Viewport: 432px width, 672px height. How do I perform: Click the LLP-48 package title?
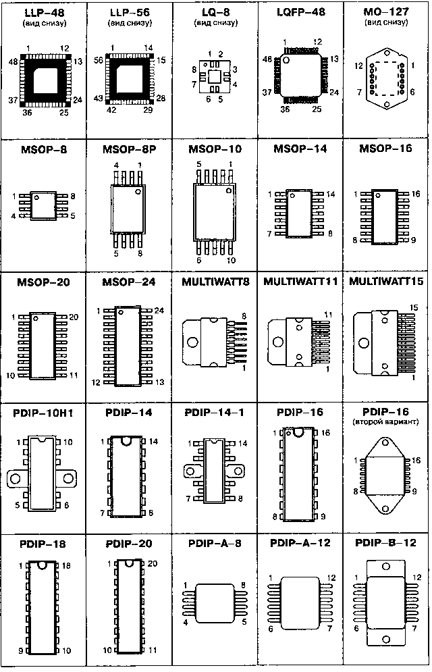(44, 13)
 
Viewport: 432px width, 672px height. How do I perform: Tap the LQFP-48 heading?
(300, 12)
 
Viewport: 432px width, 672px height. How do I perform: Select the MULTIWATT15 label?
(386, 281)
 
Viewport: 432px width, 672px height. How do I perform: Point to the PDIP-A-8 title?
(215, 543)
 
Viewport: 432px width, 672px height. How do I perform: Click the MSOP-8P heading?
(130, 149)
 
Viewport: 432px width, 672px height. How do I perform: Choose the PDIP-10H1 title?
(43, 413)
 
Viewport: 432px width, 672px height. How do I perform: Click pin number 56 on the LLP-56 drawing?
(99, 60)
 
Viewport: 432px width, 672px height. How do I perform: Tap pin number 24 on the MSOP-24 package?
(159, 310)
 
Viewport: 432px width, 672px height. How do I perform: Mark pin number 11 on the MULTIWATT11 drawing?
(328, 315)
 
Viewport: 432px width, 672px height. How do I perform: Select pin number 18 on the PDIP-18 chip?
(66, 566)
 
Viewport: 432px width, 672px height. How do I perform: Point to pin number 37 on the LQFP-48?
(267, 92)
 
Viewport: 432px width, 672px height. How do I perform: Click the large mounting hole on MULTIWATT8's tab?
(192, 342)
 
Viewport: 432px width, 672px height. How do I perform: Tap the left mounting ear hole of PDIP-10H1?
(16, 478)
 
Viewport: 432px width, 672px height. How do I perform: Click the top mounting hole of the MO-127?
(387, 54)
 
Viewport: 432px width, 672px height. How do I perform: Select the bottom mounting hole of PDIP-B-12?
(386, 640)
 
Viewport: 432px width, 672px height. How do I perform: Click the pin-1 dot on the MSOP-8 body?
(37, 198)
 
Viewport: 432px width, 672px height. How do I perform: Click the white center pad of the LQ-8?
(215, 77)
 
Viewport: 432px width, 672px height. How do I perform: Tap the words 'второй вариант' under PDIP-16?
(385, 421)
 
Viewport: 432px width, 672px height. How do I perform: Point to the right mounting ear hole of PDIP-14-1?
(239, 471)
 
